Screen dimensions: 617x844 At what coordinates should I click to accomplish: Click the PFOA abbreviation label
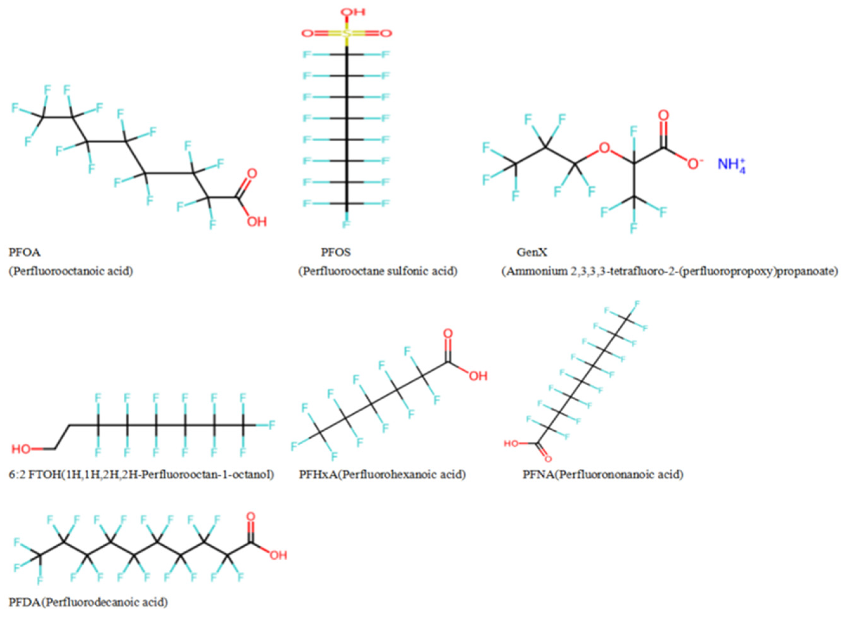[25, 253]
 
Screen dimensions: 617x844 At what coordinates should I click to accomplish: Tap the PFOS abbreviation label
[336, 253]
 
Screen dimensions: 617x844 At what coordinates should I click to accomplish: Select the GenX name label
[532, 253]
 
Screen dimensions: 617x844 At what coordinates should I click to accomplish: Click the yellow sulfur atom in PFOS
[346, 34]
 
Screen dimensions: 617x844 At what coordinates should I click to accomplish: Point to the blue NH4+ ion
[731, 165]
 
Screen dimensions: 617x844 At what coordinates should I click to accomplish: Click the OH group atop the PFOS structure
[352, 12]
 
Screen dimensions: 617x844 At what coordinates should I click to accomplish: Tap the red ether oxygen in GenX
[604, 148]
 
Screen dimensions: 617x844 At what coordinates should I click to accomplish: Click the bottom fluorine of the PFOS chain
[346, 224]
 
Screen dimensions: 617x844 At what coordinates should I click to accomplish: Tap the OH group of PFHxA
[478, 376]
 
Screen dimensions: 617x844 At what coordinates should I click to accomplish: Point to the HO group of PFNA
[511, 444]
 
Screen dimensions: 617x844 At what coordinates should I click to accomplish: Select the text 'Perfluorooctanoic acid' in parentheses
[71, 271]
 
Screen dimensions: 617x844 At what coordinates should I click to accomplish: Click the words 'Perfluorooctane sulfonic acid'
[377, 271]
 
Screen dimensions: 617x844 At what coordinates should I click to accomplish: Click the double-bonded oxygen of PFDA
[251, 517]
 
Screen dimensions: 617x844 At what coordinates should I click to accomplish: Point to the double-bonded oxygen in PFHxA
[448, 333]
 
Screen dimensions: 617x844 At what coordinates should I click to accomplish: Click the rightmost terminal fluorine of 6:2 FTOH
[272, 425]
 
